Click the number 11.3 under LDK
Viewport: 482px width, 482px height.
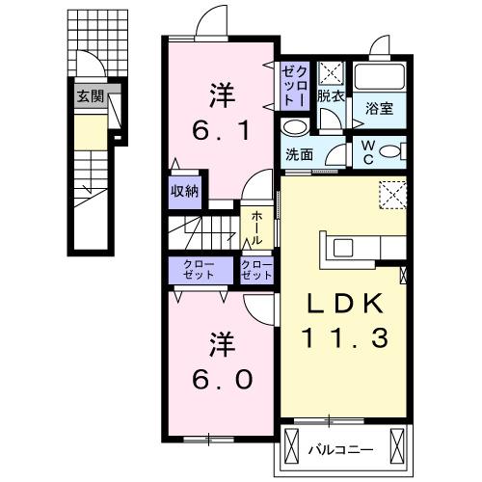coord(344,339)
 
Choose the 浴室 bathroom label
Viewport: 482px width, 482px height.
coord(380,110)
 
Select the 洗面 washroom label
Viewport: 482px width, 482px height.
coord(299,154)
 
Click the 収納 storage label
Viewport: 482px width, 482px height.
coord(185,190)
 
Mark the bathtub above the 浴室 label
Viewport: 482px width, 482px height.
coord(379,79)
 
